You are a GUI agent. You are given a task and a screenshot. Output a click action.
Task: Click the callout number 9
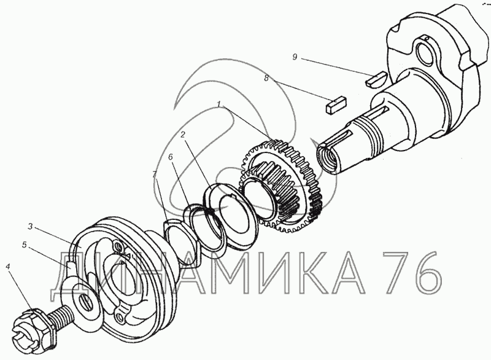(x=295, y=57)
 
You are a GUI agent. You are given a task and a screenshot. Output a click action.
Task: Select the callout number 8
(x=266, y=78)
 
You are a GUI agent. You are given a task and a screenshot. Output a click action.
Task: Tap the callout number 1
(x=219, y=104)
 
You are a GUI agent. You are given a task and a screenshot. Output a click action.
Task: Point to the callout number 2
(x=182, y=135)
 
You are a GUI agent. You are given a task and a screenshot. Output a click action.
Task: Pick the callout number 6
(x=171, y=157)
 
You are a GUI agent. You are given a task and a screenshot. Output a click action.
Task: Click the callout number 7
(x=155, y=174)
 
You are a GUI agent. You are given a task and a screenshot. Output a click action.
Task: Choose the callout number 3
(x=30, y=226)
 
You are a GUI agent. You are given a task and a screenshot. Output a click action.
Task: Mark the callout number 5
(x=24, y=245)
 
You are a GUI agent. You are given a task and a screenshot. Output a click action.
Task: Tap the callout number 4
(x=7, y=267)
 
